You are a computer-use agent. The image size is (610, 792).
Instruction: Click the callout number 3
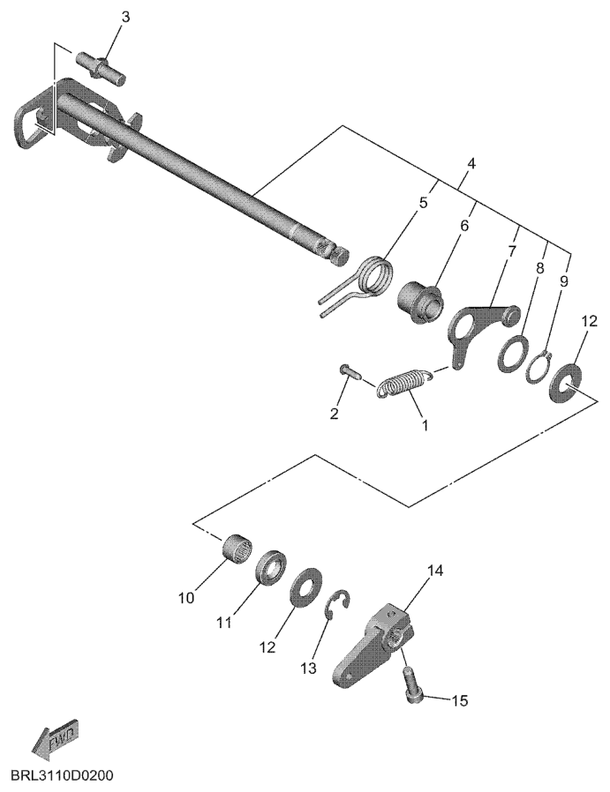pos(125,17)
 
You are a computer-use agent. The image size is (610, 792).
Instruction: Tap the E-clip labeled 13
pos(337,604)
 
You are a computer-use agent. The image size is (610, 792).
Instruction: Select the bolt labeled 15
pos(413,684)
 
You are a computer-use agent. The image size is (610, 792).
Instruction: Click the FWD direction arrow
pos(55,738)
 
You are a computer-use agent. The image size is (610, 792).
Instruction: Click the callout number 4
pos(471,164)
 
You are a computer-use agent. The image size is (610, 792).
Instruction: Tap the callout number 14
pos(435,572)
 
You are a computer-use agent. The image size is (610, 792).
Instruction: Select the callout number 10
pos(186,598)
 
